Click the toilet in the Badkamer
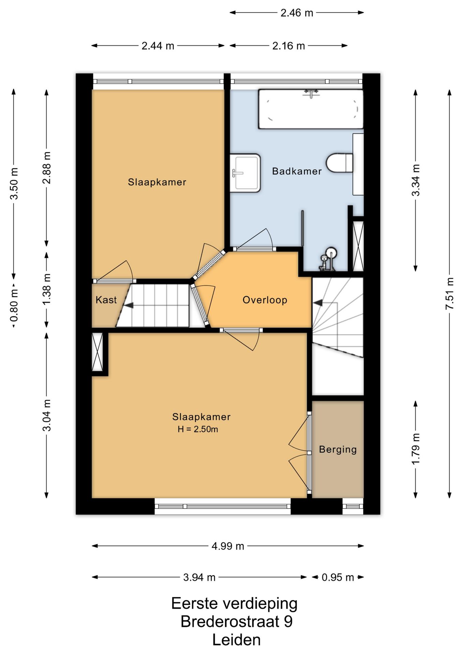340,163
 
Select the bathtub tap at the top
311,93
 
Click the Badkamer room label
297,171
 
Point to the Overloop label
265,300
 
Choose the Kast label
106,300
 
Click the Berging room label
338,450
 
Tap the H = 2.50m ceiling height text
198,429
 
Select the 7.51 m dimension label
450,293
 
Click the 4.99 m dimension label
228,546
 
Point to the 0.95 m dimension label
338,577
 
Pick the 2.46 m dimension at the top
297,13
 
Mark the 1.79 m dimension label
416,449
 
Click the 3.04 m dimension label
47,415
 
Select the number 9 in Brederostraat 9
288,622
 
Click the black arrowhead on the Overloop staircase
317,302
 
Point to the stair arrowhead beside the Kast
128,306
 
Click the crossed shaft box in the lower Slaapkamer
97,352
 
